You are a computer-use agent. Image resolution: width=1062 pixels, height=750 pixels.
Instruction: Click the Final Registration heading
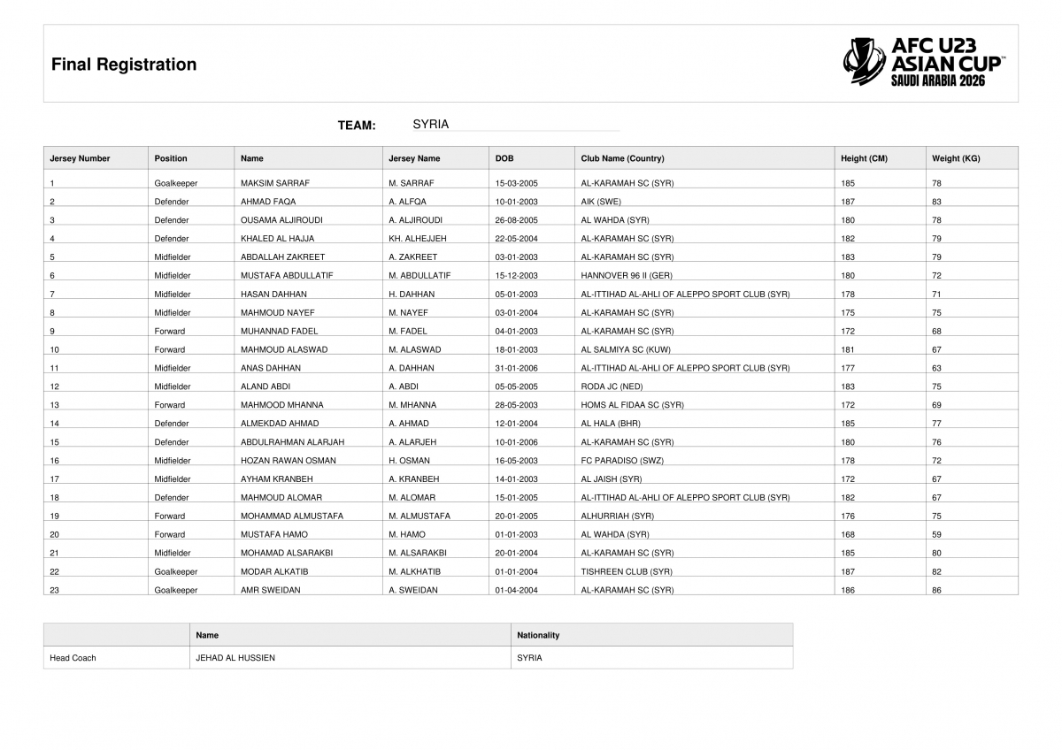[124, 65]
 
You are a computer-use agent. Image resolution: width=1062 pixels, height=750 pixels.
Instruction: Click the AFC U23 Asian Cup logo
[923, 62]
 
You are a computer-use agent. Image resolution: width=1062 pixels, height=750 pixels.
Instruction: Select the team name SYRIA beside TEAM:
[431, 125]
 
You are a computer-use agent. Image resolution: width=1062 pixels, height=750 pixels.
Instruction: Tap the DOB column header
[504, 159]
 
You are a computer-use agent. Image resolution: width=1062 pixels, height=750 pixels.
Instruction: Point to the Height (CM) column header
[864, 159]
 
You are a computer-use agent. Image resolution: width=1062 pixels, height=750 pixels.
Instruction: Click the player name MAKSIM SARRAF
[275, 183]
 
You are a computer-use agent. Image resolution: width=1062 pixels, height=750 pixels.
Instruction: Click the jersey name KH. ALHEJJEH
[418, 239]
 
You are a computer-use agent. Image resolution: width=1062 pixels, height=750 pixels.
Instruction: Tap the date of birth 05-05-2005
[517, 386]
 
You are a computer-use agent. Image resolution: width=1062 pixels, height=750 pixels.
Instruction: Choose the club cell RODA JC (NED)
[612, 386]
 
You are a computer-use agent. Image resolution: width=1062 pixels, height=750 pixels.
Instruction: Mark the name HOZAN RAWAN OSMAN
[289, 461]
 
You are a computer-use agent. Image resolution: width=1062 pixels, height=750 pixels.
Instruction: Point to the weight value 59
[936, 535]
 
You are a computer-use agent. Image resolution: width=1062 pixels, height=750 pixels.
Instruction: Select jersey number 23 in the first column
[55, 590]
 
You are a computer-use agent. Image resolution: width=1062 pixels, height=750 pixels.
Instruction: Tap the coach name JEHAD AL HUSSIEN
[235, 658]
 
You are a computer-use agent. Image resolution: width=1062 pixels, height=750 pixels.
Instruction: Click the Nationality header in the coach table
[538, 635]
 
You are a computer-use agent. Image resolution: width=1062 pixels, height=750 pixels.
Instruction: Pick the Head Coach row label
[73, 658]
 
